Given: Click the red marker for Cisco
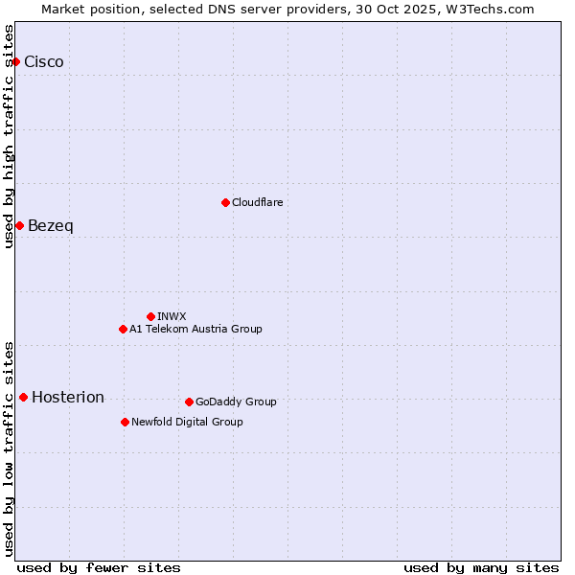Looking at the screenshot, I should (x=15, y=62).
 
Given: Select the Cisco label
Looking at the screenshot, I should (x=44, y=62).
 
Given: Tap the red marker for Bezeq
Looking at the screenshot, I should (x=19, y=226).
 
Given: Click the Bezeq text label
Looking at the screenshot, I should (x=51, y=226).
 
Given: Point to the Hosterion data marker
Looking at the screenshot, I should (x=23, y=398).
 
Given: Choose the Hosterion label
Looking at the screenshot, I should (x=68, y=398).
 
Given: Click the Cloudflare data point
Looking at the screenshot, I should (x=225, y=202).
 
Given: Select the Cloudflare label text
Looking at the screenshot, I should (x=258, y=203).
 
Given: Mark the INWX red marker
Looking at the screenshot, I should (x=150, y=316).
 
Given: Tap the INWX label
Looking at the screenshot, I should (x=172, y=316).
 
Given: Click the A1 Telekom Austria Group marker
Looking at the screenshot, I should (x=123, y=330).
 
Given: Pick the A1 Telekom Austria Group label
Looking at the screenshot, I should (x=195, y=330).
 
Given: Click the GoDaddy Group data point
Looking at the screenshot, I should (x=189, y=402).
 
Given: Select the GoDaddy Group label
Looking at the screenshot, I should (x=236, y=402).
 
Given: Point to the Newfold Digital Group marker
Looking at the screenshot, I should (x=125, y=422).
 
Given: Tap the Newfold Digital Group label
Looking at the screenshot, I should (x=187, y=422).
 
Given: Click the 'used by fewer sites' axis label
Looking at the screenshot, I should (x=99, y=567).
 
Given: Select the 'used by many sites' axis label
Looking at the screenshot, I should (x=481, y=567).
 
